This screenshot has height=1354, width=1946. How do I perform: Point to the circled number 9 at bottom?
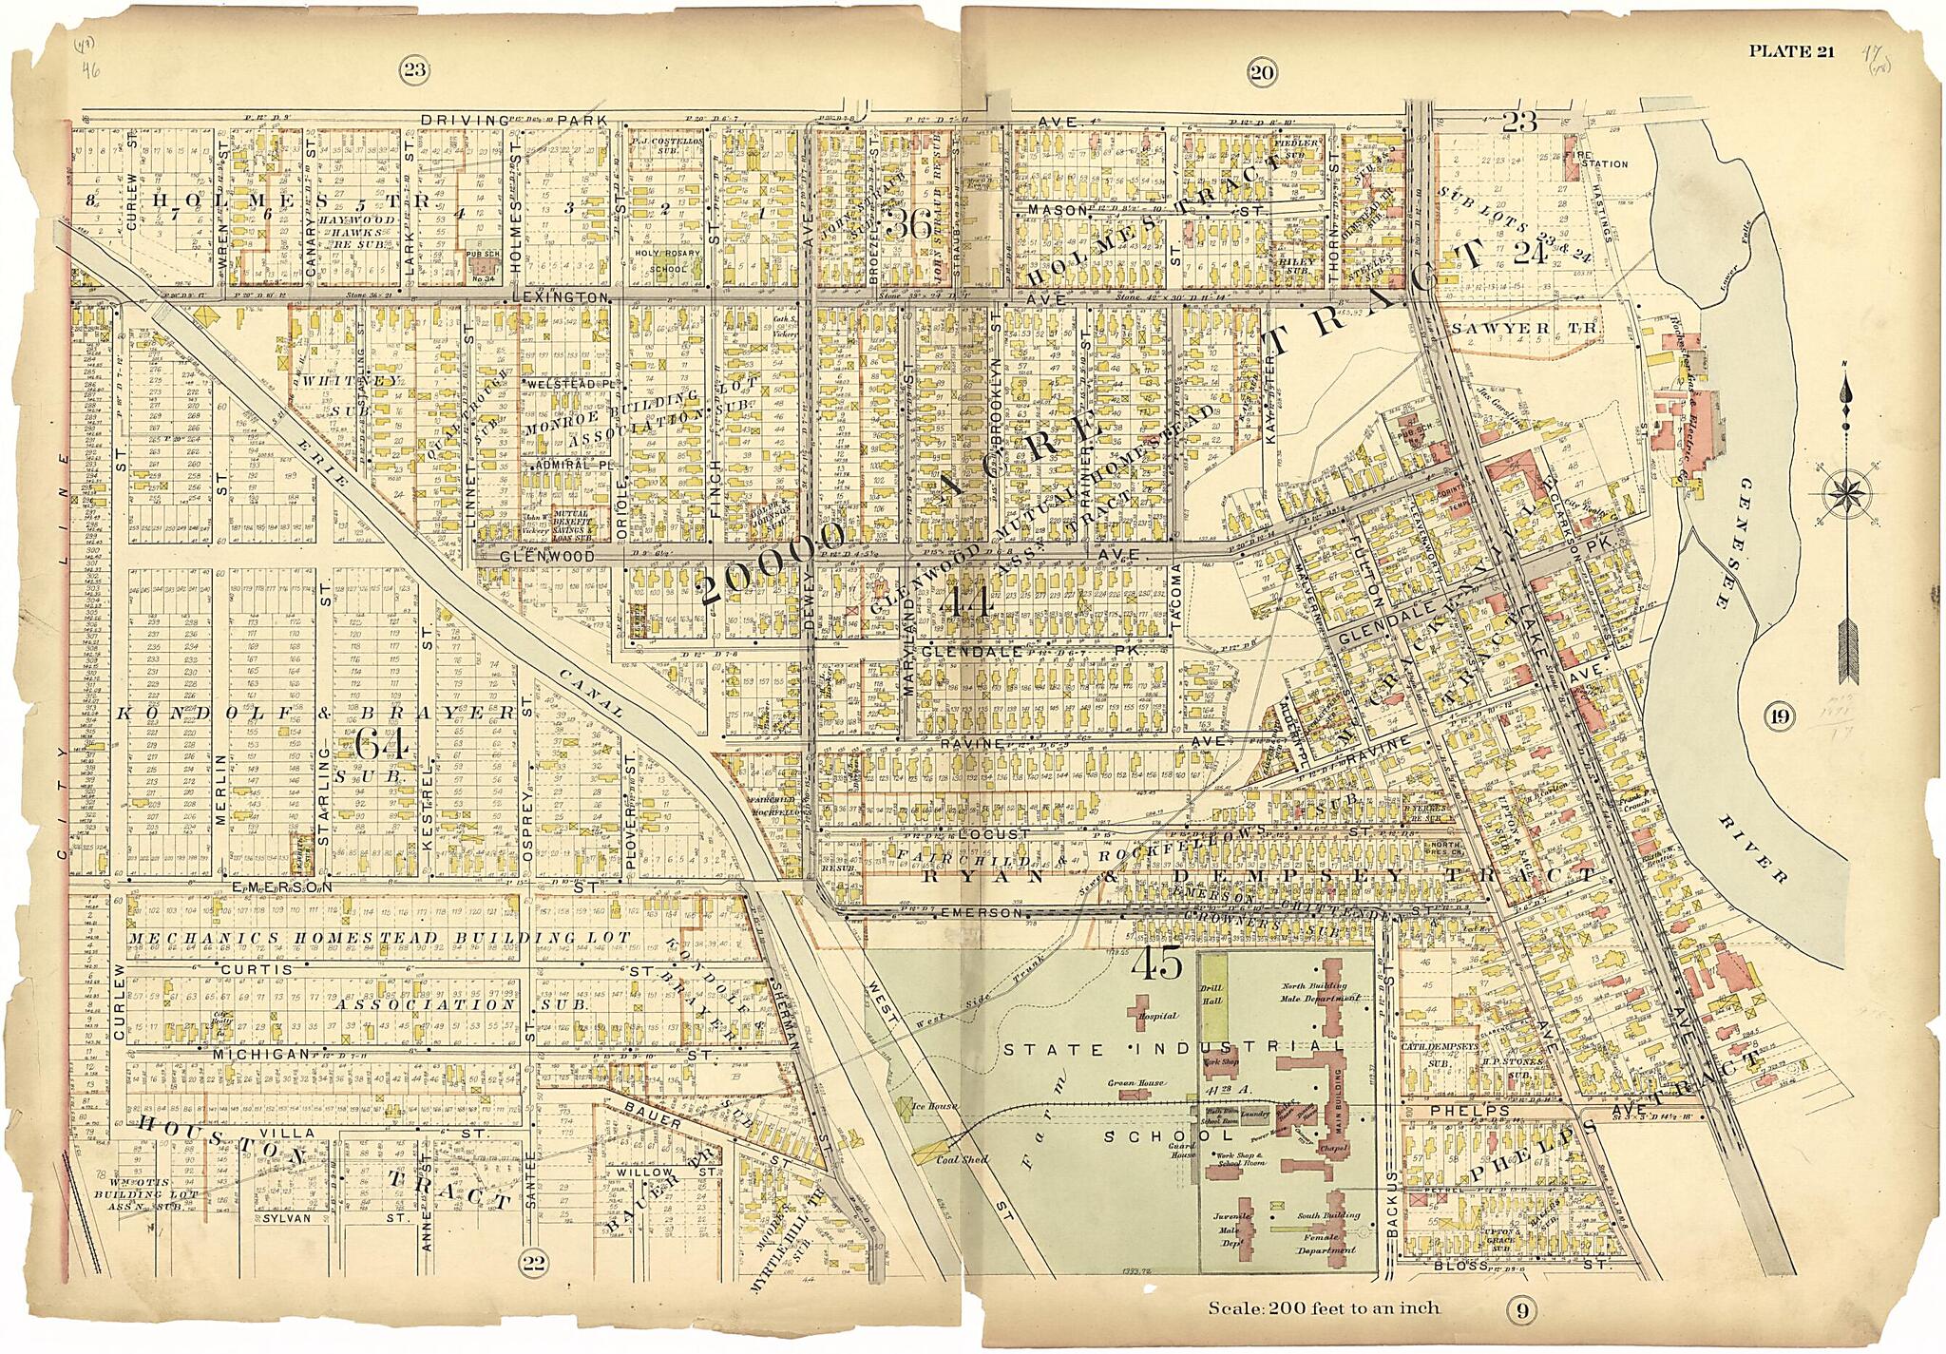click(x=1520, y=1312)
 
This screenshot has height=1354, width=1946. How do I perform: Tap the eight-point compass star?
click(x=1846, y=493)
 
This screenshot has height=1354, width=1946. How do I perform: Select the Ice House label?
click(x=931, y=1107)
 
